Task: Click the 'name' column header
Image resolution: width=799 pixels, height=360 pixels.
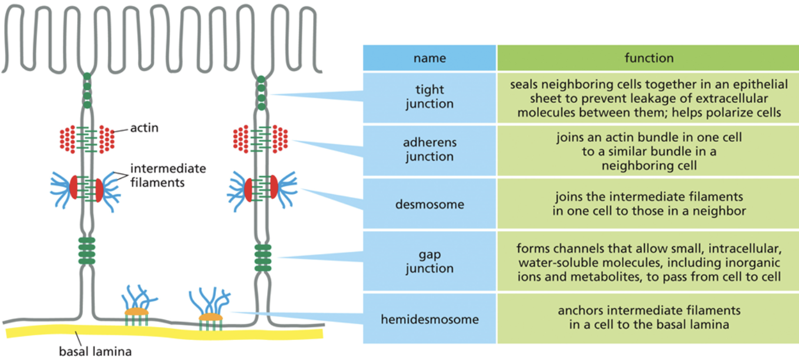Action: pyautogui.click(x=430, y=58)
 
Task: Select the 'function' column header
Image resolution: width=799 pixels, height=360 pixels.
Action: pyautogui.click(x=649, y=58)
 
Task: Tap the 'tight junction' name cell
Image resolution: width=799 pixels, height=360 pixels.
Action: pyautogui.click(x=430, y=97)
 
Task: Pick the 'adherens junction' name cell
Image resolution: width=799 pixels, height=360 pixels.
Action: pyautogui.click(x=430, y=150)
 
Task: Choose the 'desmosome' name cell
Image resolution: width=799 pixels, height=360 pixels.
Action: pyautogui.click(x=430, y=204)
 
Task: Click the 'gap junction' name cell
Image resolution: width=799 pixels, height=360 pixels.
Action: pyautogui.click(x=430, y=261)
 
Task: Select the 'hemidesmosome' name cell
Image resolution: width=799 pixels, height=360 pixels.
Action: pyautogui.click(x=430, y=319)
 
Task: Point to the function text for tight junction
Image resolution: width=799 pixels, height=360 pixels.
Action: pyautogui.click(x=649, y=98)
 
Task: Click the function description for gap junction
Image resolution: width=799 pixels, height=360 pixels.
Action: pyautogui.click(x=649, y=262)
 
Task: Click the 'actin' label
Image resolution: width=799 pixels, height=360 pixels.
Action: pyautogui.click(x=145, y=128)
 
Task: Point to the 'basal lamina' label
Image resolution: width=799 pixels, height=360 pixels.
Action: pyautogui.click(x=94, y=352)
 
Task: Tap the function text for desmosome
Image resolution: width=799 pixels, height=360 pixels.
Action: pyautogui.click(x=649, y=204)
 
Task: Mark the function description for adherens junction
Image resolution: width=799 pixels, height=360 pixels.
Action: pyautogui.click(x=649, y=151)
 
